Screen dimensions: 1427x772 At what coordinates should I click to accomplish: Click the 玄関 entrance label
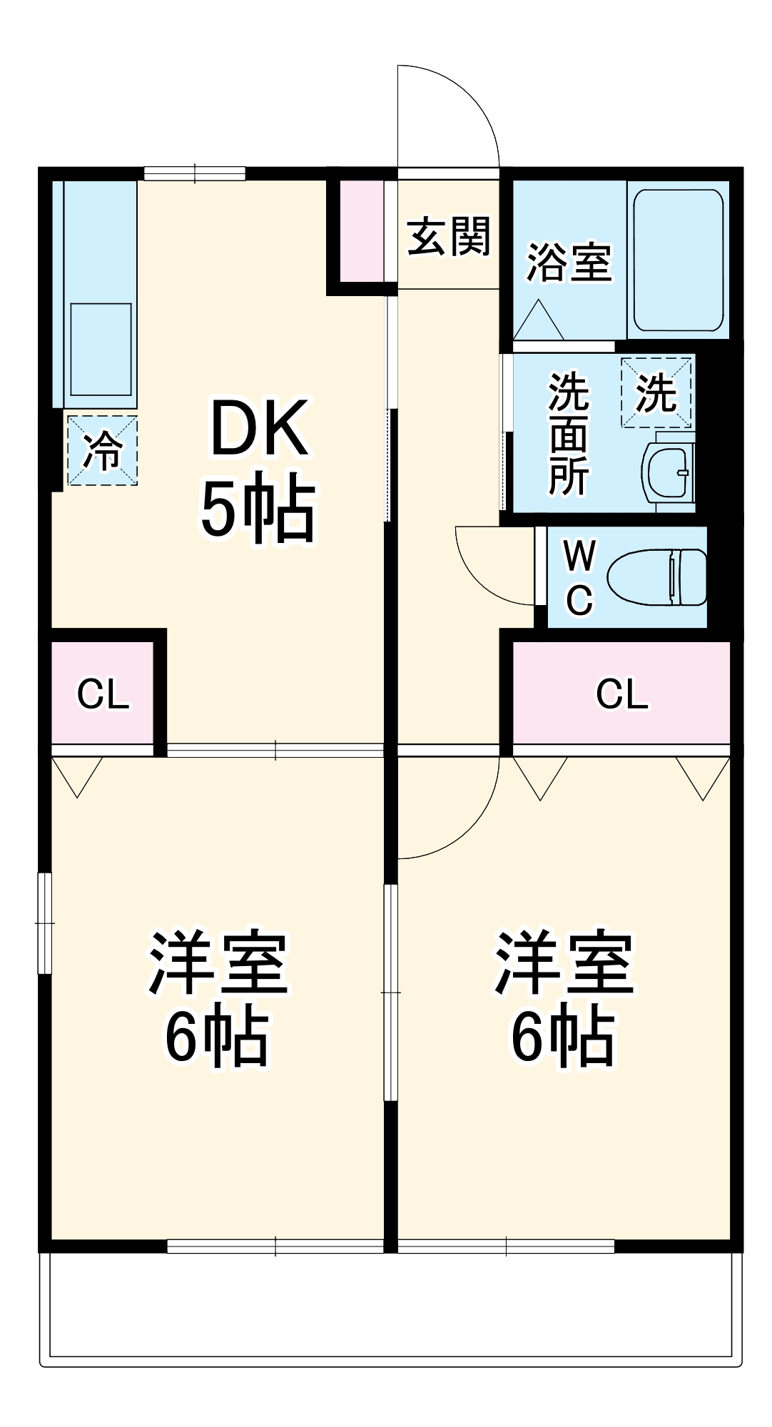coord(449,236)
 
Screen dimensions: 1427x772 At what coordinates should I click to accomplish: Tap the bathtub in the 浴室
coord(679,260)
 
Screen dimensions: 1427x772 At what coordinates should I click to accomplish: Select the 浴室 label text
coord(569,262)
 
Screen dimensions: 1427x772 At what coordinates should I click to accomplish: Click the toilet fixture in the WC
coord(656,577)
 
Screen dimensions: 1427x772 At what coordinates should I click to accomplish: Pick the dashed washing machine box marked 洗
coord(656,392)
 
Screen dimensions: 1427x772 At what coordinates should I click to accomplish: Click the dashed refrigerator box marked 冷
coord(103,451)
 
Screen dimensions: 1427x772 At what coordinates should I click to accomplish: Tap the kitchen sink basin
coord(101,348)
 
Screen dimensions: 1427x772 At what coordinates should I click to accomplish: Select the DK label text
coord(259,429)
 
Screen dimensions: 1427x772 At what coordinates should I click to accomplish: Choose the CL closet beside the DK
coord(103,694)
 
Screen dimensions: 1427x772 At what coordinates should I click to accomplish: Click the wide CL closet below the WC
coord(621,694)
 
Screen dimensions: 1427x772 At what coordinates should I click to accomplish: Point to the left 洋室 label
coord(218,963)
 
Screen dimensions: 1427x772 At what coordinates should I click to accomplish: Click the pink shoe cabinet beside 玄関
coord(361,231)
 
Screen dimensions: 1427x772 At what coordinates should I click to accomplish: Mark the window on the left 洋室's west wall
coord(45,923)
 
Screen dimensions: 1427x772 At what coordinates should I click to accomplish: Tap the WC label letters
coord(579,577)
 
